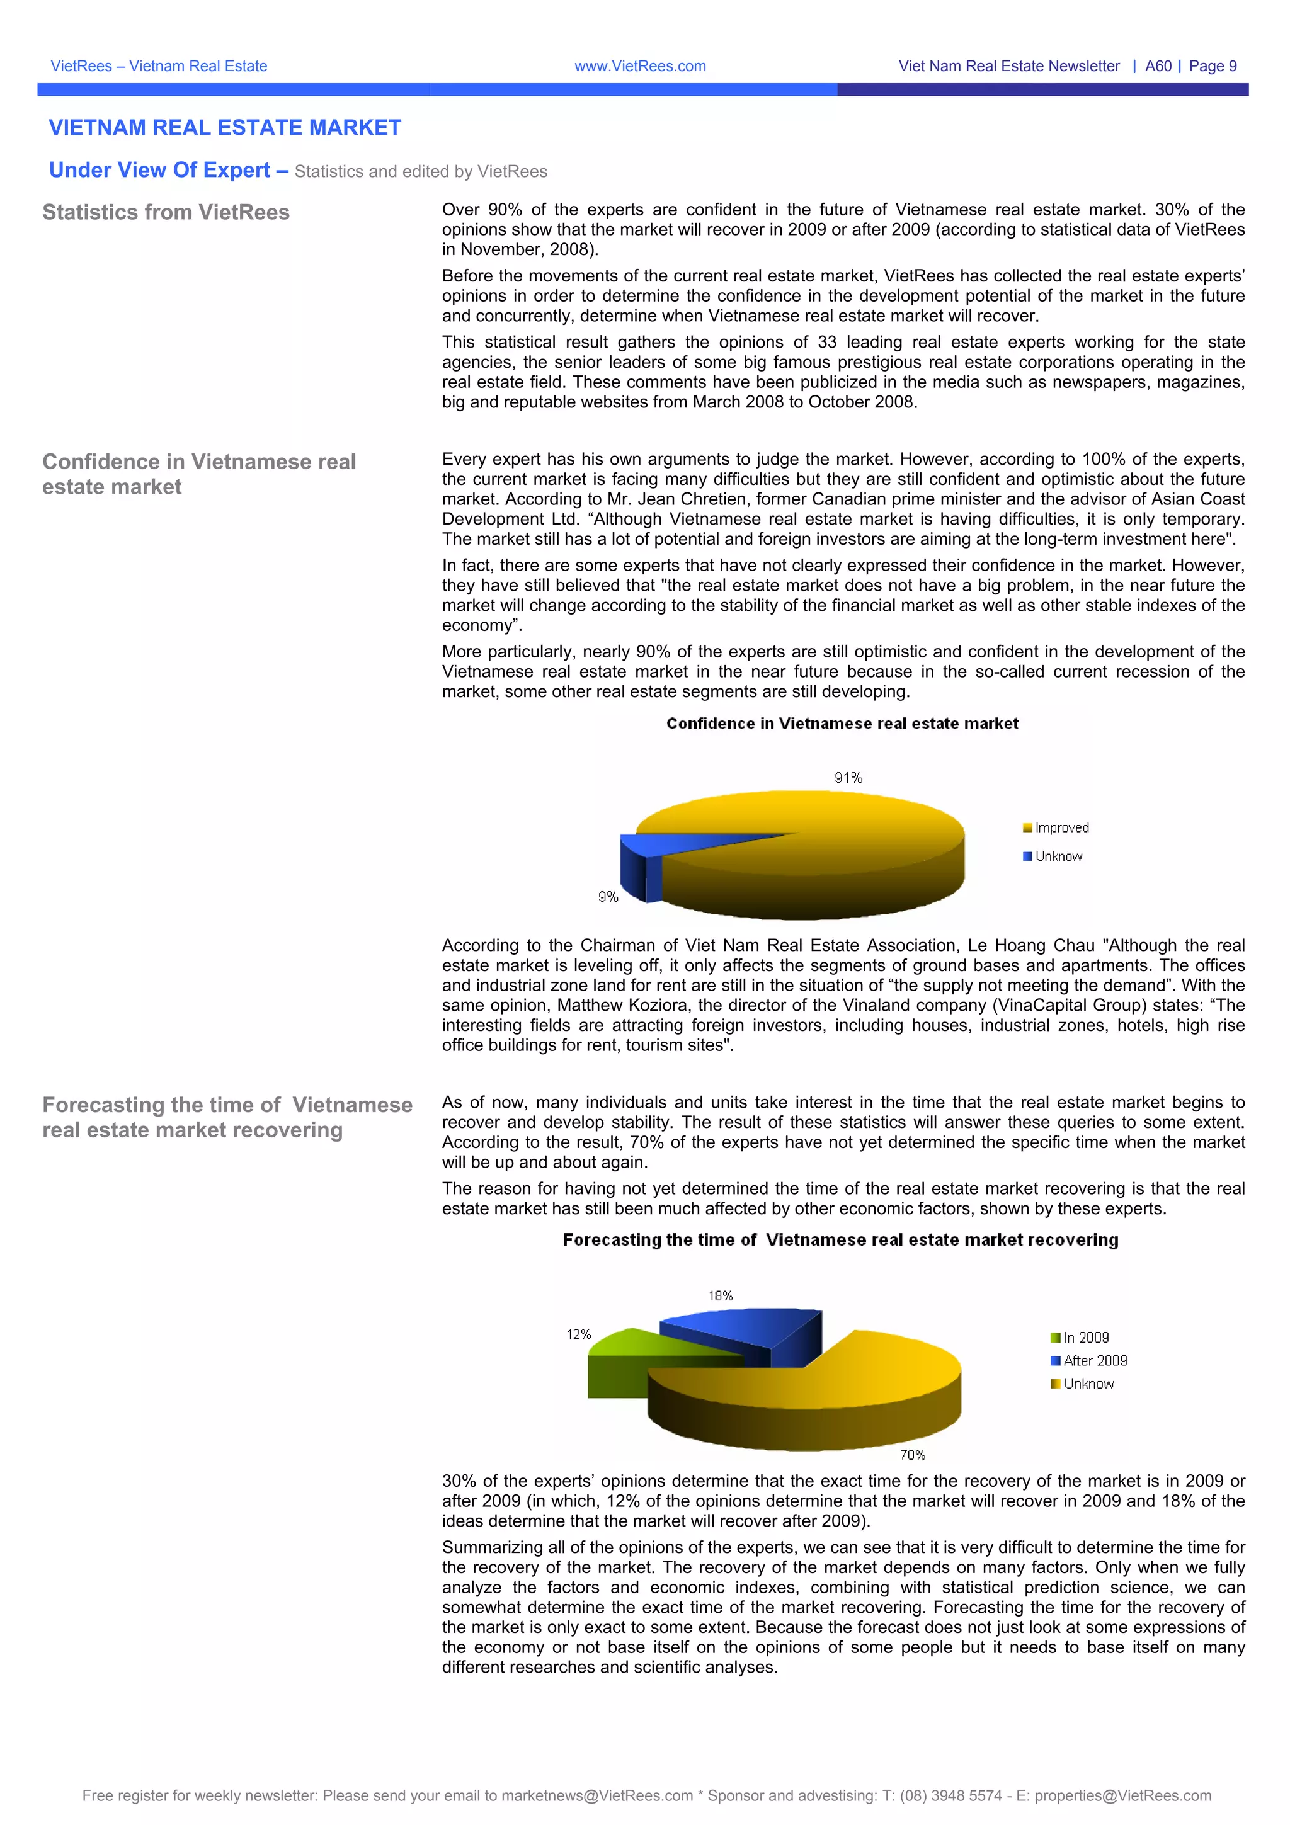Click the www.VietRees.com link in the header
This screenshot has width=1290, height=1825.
pos(640,66)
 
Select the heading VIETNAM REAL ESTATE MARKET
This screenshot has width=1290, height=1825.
pos(225,127)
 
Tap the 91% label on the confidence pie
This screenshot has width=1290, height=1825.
pos(848,777)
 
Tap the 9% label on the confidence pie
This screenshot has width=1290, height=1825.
pos(608,897)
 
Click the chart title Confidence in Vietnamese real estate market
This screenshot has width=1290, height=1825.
pos(842,724)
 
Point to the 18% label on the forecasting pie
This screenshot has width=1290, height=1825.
pos(720,1295)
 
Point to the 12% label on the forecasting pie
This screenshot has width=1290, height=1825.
pos(579,1334)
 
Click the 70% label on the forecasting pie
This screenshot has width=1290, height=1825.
pos(913,1455)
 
